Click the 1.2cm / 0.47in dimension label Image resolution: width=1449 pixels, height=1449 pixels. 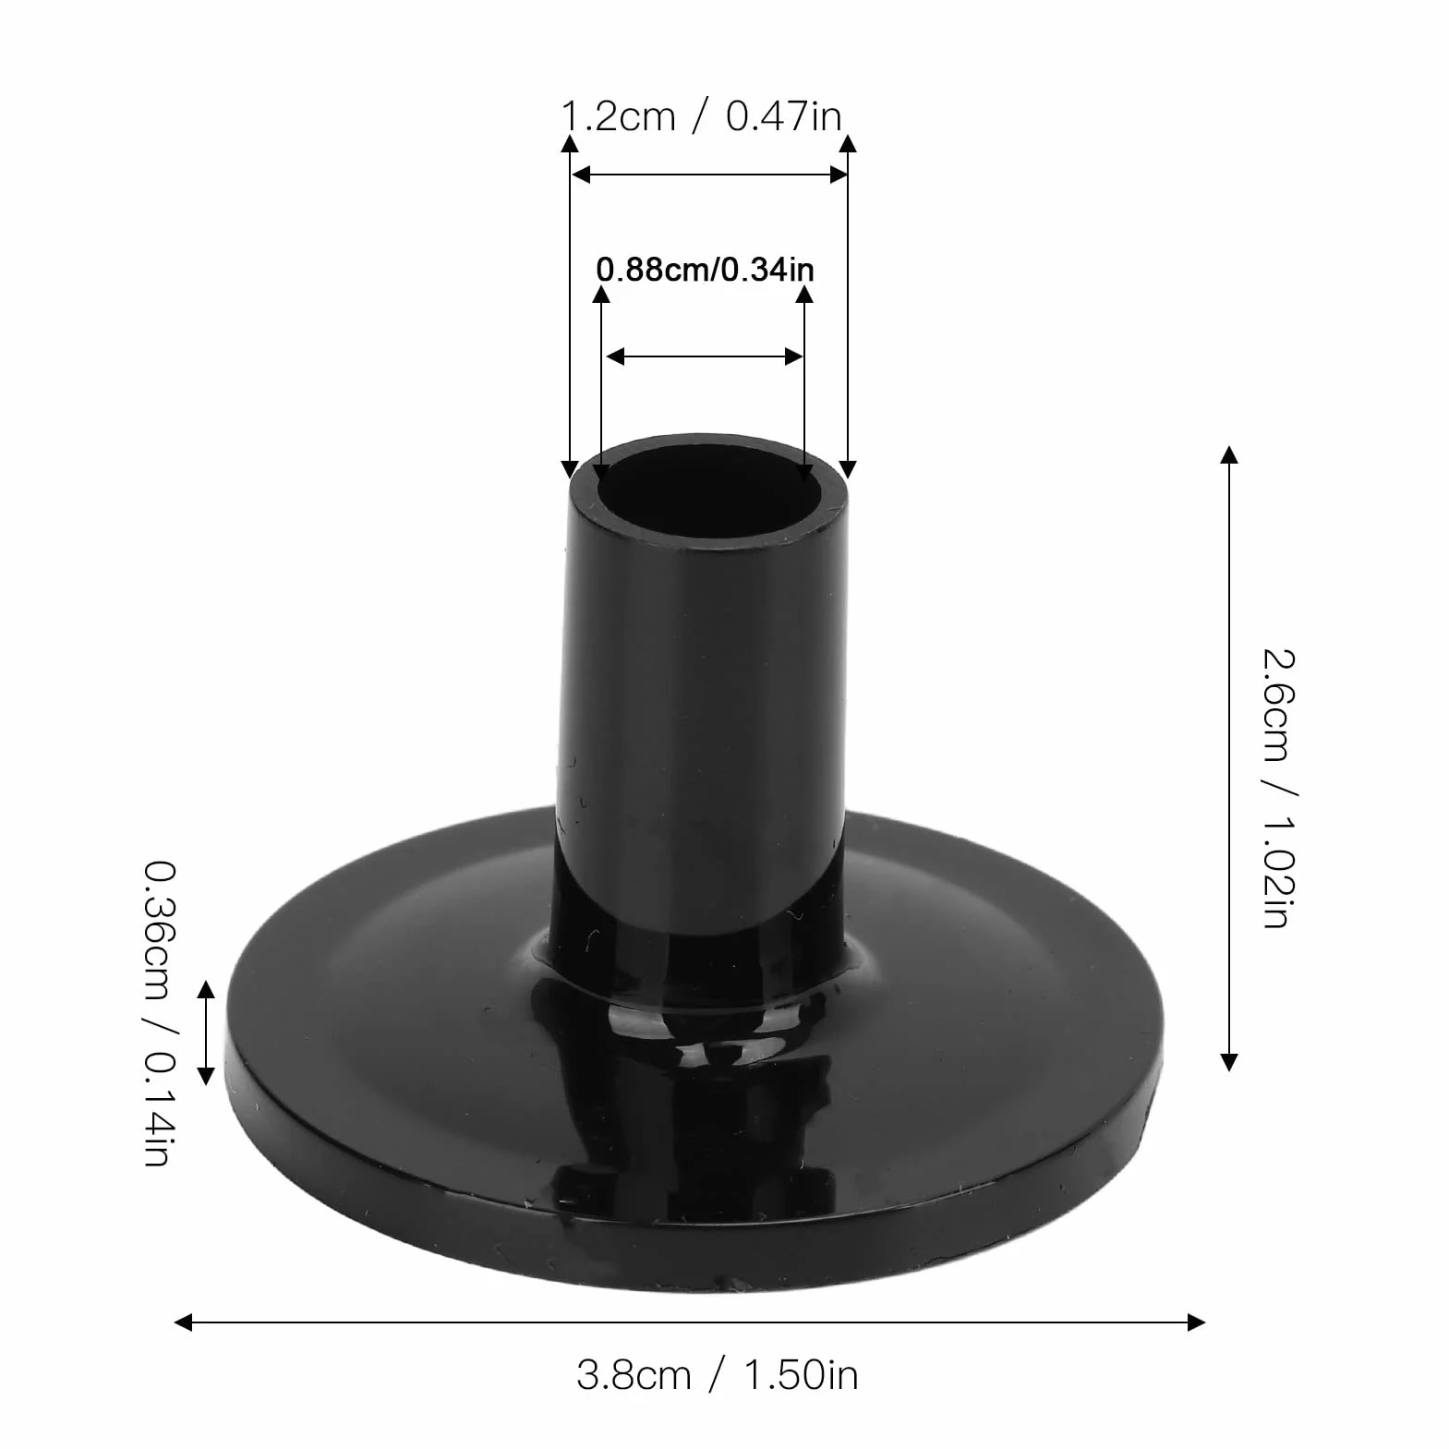pos(702,117)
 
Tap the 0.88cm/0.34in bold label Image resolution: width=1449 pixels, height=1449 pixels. pos(706,270)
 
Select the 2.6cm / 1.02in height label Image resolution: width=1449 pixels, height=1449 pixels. pos(1280,790)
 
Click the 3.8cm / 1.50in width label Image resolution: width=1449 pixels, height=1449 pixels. pos(718,1375)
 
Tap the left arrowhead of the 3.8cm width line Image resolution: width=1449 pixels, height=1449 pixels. pos(184,1322)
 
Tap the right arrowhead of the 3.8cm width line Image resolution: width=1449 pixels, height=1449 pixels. pos(1196,1322)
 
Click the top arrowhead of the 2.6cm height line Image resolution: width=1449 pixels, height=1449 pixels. pos(1228,454)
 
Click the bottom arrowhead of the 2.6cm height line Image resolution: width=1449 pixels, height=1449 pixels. pos(1228,1061)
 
